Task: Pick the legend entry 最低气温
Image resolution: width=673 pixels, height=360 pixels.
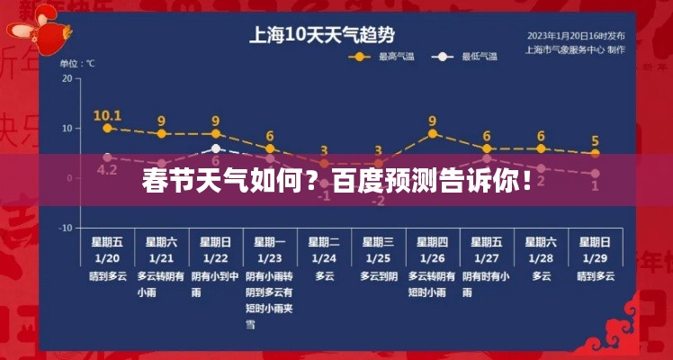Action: pyautogui.click(x=471, y=56)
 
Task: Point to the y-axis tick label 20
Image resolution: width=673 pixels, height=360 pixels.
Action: pyautogui.click(x=66, y=78)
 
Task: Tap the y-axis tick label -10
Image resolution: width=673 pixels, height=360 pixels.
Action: pyautogui.click(x=65, y=229)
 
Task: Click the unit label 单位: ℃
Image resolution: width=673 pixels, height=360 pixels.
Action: pyautogui.click(x=77, y=64)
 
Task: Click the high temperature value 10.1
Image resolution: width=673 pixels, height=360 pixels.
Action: pyautogui.click(x=107, y=115)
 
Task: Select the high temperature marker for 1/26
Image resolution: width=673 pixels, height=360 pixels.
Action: pyautogui.click(x=432, y=133)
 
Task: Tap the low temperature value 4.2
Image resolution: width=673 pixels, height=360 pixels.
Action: pyautogui.click(x=107, y=169)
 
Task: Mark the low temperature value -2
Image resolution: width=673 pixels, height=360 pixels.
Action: pyautogui.click(x=378, y=200)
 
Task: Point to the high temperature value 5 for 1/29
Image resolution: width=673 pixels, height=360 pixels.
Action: pyautogui.click(x=595, y=140)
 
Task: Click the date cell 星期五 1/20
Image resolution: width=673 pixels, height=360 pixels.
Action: pyautogui.click(x=107, y=249)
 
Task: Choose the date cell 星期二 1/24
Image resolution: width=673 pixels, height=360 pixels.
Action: pyautogui.click(x=324, y=249)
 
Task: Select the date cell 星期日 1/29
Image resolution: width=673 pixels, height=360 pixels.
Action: pyautogui.click(x=595, y=249)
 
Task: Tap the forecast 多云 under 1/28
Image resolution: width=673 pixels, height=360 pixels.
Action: pyautogui.click(x=541, y=276)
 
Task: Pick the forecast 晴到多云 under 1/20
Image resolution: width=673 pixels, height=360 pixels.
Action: pyautogui.click(x=107, y=276)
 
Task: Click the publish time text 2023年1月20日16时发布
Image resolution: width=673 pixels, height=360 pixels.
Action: pyautogui.click(x=575, y=36)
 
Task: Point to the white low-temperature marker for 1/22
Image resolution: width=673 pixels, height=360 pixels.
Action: pyautogui.click(x=215, y=148)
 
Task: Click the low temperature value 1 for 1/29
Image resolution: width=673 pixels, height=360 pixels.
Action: pyautogui.click(x=595, y=185)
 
